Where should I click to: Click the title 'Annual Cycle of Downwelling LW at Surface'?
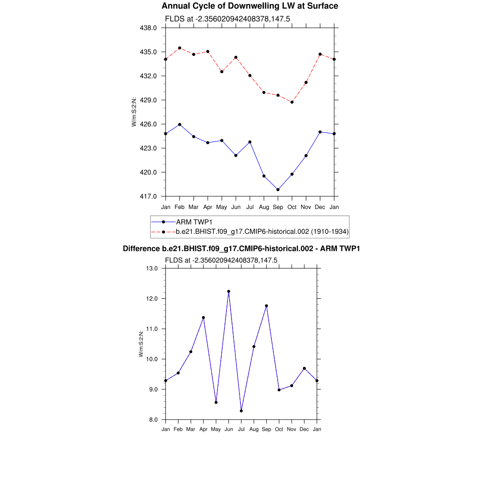click(249, 6)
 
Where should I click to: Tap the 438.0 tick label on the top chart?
click(149, 28)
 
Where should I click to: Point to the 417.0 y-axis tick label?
click(149, 196)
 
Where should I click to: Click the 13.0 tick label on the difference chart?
click(153, 269)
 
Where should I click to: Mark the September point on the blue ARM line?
click(278, 190)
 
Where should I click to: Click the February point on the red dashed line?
click(179, 48)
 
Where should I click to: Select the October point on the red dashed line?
click(292, 102)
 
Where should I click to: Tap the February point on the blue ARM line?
click(179, 124)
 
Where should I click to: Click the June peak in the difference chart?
click(229, 291)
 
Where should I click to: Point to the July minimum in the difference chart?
click(241, 411)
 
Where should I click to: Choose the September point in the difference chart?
click(266, 306)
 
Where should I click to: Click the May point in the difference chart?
click(216, 402)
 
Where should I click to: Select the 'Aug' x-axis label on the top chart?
click(264, 207)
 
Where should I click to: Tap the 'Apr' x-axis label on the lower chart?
click(203, 429)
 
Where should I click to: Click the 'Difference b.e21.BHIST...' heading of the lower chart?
click(241, 248)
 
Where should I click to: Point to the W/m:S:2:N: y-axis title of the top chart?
click(134, 112)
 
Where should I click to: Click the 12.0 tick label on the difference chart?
click(153, 299)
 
